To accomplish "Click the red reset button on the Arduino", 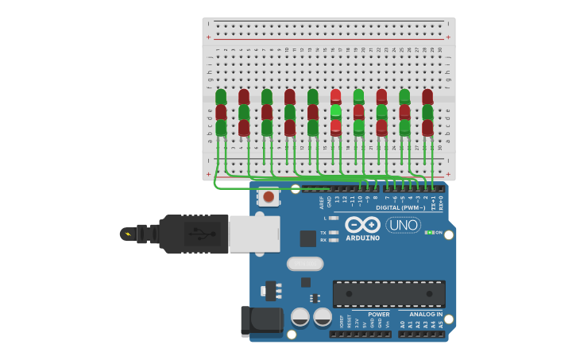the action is (269, 196).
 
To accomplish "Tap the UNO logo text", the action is (403, 225).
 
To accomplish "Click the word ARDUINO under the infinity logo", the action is (362, 238).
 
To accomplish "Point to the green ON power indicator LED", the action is (429, 232).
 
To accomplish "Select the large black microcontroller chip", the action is (389, 293).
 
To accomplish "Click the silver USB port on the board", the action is (254, 234).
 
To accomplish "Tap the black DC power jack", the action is (261, 320).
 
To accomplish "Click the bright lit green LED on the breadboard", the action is (336, 112).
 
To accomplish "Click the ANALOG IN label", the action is (426, 314).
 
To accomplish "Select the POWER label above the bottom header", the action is (379, 314).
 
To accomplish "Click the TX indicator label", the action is (323, 232).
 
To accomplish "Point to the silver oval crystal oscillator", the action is (305, 263).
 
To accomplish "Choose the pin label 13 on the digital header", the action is (337, 199).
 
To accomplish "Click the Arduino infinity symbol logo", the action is (362, 224).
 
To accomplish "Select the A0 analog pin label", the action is (402, 324).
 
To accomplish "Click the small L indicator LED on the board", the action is (334, 218).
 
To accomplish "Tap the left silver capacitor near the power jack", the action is (300, 317).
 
